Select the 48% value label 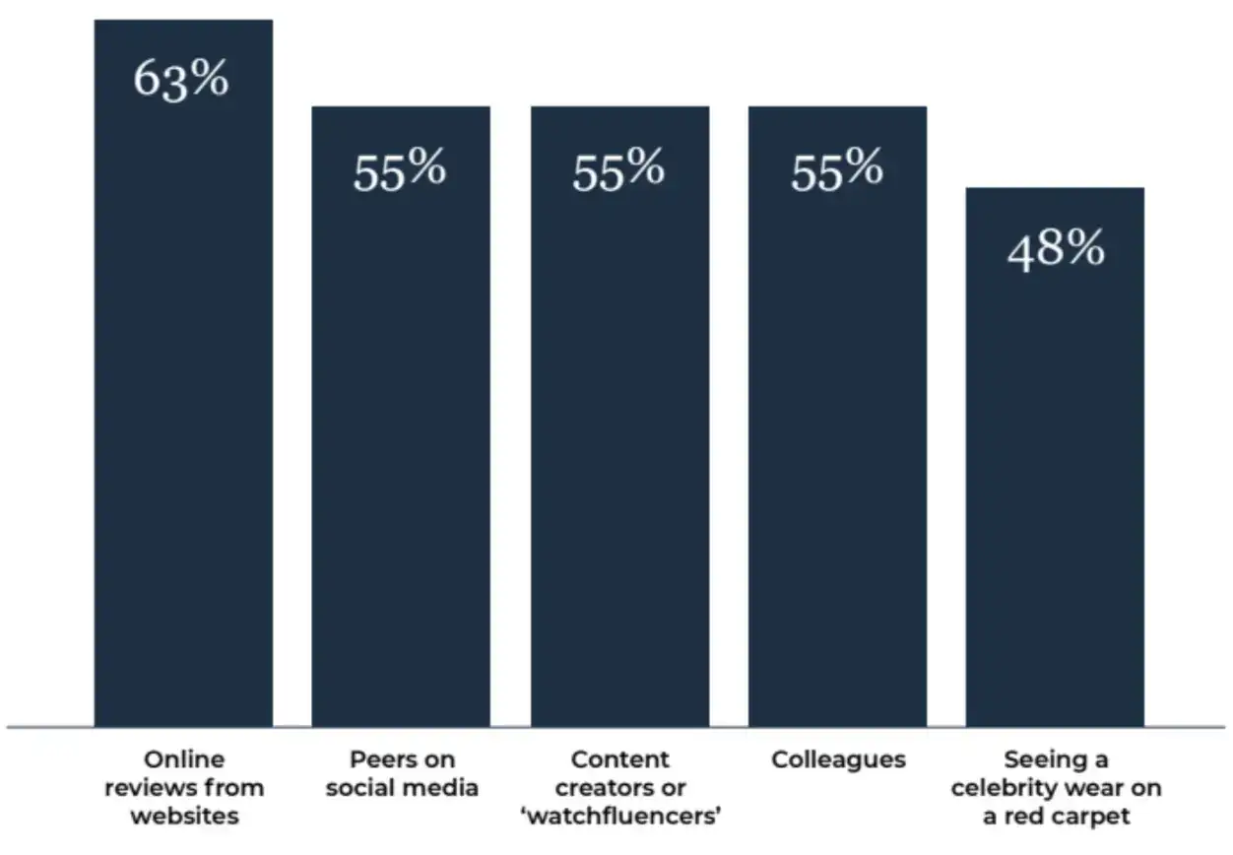pos(1055,250)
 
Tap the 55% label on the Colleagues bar pos(837,171)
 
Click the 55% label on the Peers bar pos(400,171)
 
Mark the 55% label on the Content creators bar pos(618,171)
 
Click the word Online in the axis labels pos(184,759)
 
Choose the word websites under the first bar pos(184,817)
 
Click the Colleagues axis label pos(838,759)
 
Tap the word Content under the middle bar pos(619,759)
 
